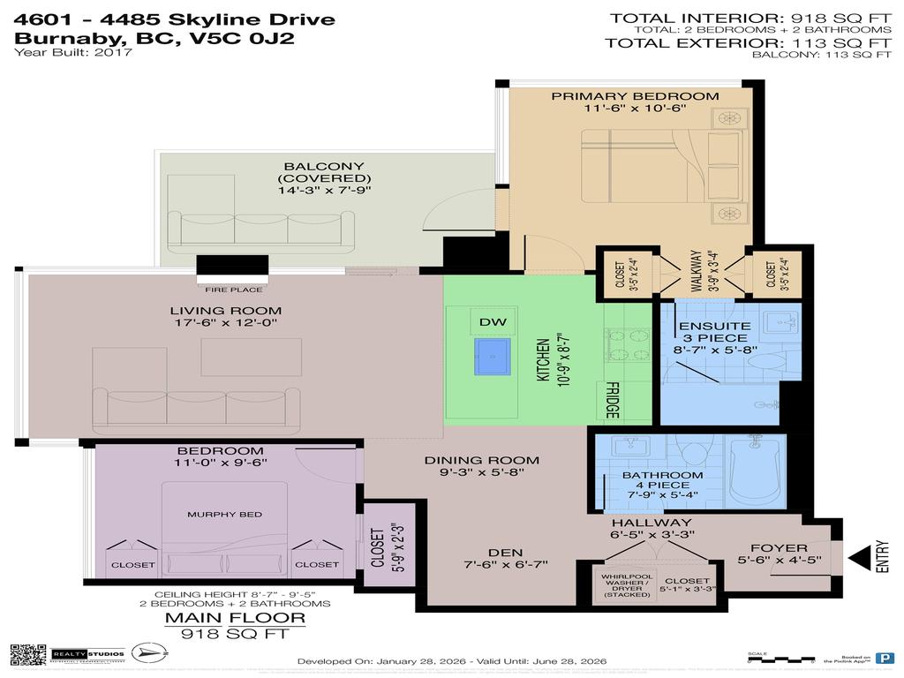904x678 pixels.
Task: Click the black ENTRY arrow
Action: pos(856,559)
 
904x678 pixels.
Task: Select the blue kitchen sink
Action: pos(492,357)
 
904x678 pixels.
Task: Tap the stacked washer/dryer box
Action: pos(622,585)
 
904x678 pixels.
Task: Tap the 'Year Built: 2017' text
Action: pos(73,53)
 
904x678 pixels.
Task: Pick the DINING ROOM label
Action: pos(481,459)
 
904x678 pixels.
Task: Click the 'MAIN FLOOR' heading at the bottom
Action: pos(236,618)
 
